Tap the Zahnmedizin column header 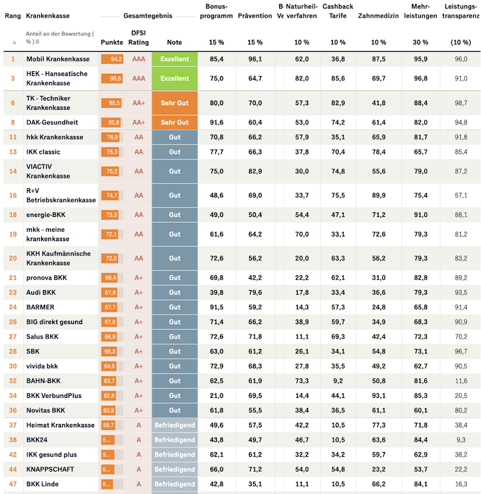pyautogui.click(x=378, y=15)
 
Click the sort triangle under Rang pyautogui.click(x=14, y=42)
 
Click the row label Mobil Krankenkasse pyautogui.click(x=57, y=59)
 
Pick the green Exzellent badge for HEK pyautogui.click(x=174, y=78)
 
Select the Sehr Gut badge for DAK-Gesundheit pyautogui.click(x=174, y=122)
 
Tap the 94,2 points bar pyautogui.click(x=112, y=59)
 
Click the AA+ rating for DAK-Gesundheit pyautogui.click(x=138, y=122)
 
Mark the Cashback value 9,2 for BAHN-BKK pyautogui.click(x=338, y=380)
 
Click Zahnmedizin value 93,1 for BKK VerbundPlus pyautogui.click(x=378, y=395)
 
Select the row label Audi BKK pyautogui.click(x=41, y=292)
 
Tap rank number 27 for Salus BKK pyautogui.click(x=13, y=337)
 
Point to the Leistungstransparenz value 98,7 pyautogui.click(x=461, y=103)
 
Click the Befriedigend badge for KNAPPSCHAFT pyautogui.click(x=174, y=469)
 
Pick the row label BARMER pyautogui.click(x=40, y=306)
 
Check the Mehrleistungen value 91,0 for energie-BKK pyautogui.click(x=421, y=214)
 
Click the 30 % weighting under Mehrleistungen pyautogui.click(x=421, y=42)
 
